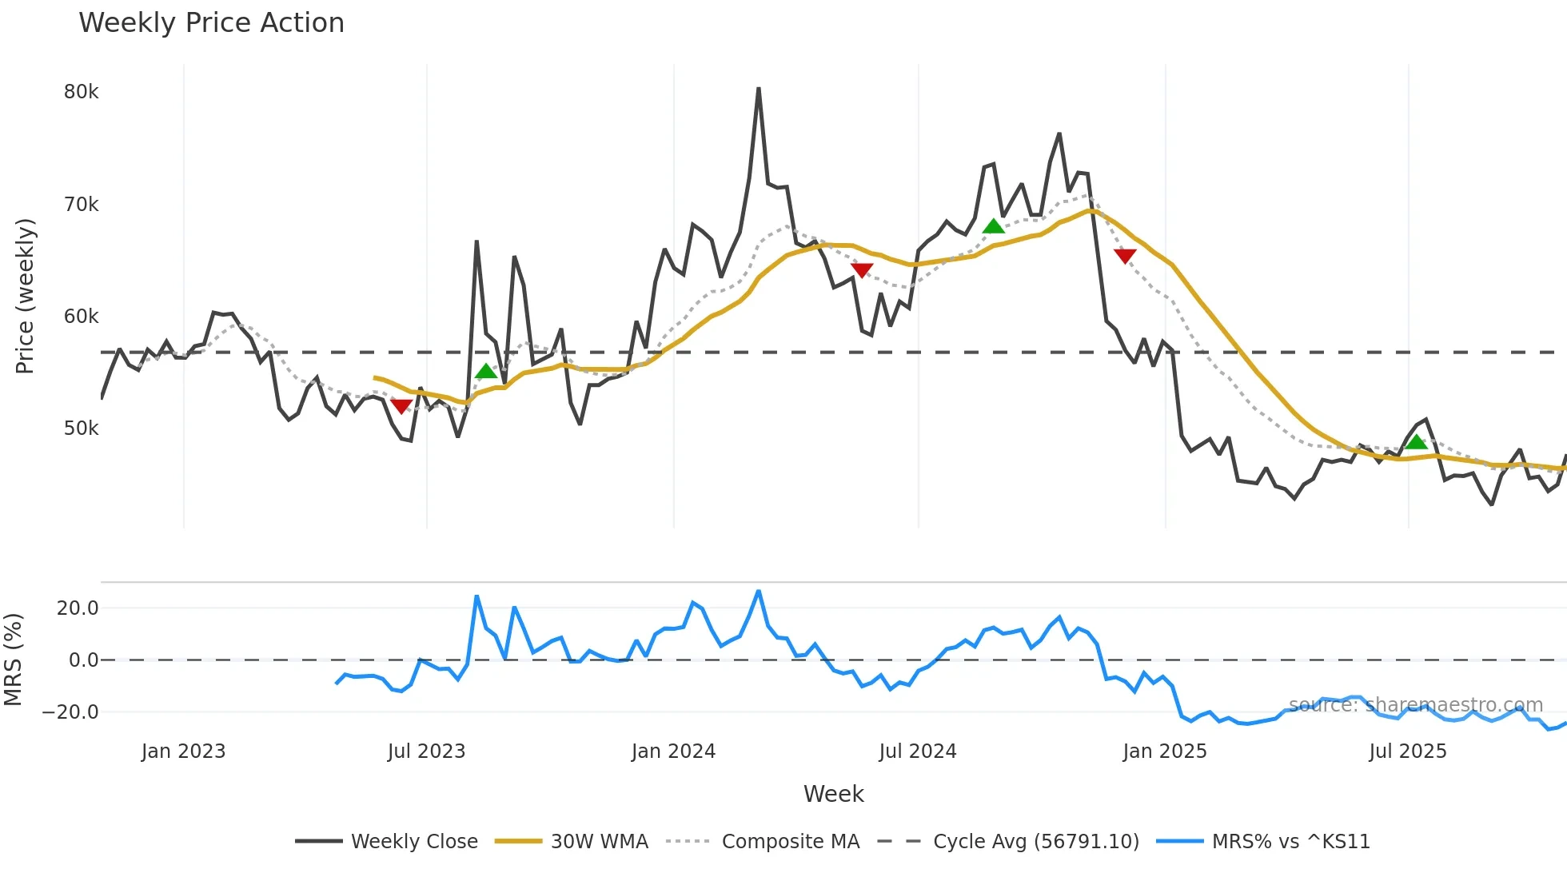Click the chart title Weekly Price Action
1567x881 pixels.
click(x=211, y=23)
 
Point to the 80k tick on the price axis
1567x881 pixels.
click(x=82, y=92)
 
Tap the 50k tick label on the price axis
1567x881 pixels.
click(x=82, y=429)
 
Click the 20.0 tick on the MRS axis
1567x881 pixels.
click(x=78, y=608)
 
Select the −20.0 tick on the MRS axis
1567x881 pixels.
click(x=70, y=712)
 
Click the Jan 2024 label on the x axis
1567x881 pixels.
click(x=673, y=751)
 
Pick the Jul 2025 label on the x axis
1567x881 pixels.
click(x=1408, y=751)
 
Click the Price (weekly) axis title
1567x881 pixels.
click(x=25, y=296)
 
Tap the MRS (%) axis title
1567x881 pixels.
click(x=13, y=660)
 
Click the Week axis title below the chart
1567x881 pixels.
click(x=833, y=794)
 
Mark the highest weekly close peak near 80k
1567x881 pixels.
click(x=759, y=89)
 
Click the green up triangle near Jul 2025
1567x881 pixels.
click(x=1416, y=442)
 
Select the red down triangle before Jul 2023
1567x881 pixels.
click(x=401, y=406)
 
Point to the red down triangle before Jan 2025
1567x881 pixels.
click(x=1125, y=256)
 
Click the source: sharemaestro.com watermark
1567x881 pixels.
click(x=1415, y=705)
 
